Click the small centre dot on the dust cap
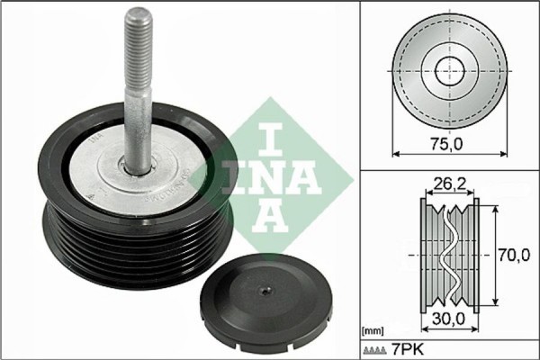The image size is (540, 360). tap(263, 291)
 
